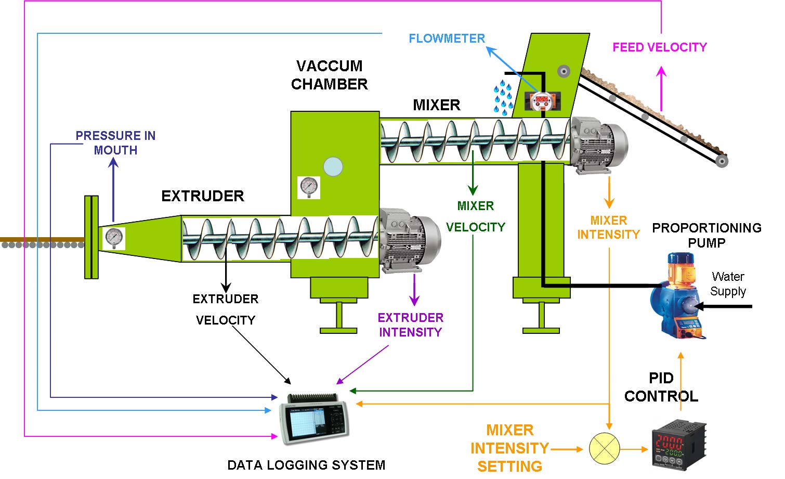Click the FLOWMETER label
point(447,38)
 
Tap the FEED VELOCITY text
point(660,47)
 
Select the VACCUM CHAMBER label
point(330,75)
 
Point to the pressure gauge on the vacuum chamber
point(309,187)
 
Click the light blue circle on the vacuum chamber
point(333,166)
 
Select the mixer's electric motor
point(598,143)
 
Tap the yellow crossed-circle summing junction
point(605,448)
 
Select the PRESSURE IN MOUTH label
point(115,143)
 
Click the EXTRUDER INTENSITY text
point(411,325)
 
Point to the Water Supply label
point(728,284)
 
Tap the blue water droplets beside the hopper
point(503,97)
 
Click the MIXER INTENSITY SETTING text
point(509,448)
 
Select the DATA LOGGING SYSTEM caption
point(306,465)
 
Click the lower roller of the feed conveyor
point(721,161)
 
